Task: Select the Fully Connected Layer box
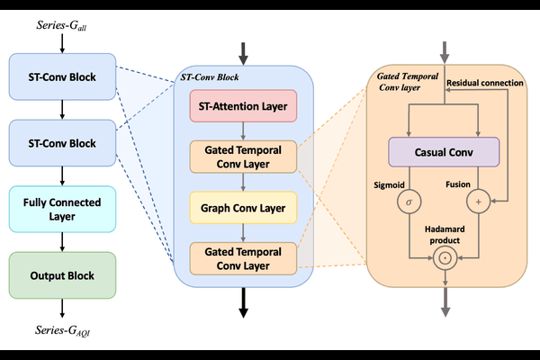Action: [x=61, y=208]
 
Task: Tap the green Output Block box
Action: [x=61, y=274]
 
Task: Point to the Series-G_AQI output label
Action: [x=61, y=332]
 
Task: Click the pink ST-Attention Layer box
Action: [x=243, y=110]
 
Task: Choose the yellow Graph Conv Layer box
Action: [x=243, y=211]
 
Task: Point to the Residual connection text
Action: [x=486, y=83]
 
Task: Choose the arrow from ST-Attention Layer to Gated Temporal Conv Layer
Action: [x=243, y=131]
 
